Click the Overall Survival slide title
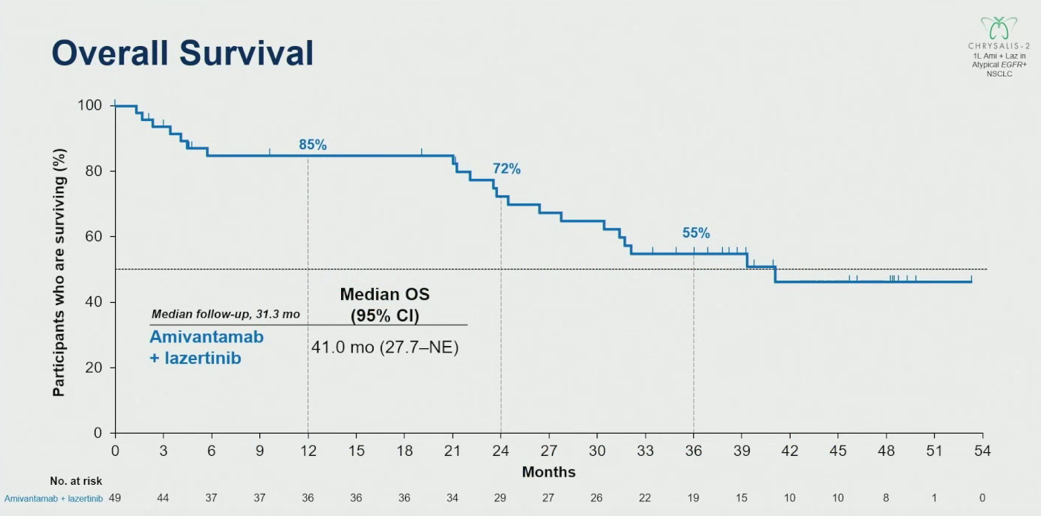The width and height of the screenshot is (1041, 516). point(183,53)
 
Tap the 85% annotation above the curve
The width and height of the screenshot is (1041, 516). point(313,145)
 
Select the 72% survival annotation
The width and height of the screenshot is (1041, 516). point(507,169)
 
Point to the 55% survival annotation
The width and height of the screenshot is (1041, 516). point(695,233)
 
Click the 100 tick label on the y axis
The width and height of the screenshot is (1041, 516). point(89,105)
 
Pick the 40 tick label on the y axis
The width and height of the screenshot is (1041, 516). point(94,302)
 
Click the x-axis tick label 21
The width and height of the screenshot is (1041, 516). point(453,451)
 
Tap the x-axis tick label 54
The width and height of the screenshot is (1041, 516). point(982,451)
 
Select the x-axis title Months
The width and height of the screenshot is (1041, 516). point(548,472)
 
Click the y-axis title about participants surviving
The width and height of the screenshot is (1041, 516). point(59,272)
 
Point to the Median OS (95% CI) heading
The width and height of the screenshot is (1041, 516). point(385,304)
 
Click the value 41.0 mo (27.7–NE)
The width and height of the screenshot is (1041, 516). point(385,347)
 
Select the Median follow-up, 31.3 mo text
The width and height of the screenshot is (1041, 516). point(225,315)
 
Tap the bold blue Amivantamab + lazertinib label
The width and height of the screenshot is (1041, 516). point(207,347)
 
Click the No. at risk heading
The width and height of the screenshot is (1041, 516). point(76,481)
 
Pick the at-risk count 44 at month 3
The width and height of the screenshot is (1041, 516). point(163,498)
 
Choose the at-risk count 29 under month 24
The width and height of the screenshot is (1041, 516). point(500,498)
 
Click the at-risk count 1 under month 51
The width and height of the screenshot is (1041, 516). point(934,498)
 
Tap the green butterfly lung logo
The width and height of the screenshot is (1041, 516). point(999,28)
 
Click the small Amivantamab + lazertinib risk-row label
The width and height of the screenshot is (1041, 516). point(53,499)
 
